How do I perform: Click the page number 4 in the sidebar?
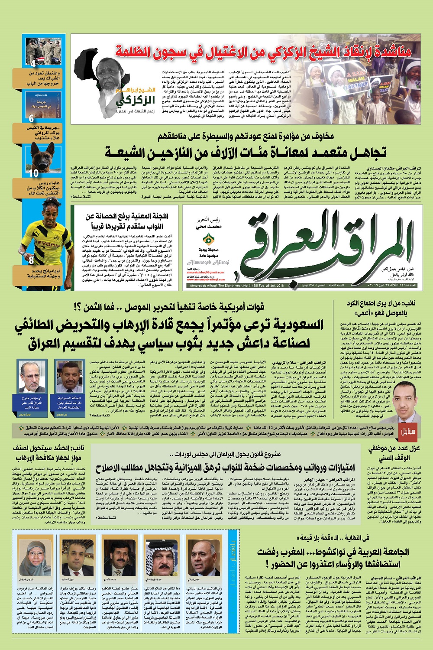[x=33, y=64]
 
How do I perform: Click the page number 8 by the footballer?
[x=31, y=260]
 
